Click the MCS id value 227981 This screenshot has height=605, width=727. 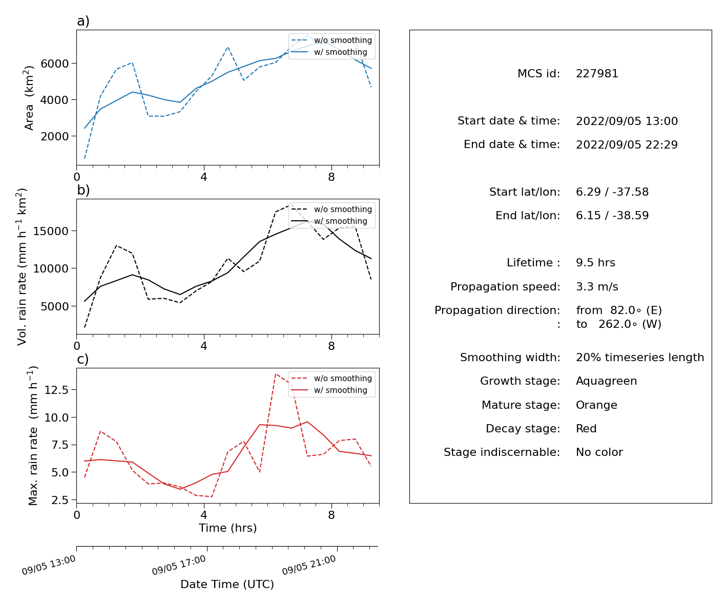coord(597,73)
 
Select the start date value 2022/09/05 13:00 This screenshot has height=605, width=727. coord(627,121)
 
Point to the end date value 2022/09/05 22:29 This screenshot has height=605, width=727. coord(627,144)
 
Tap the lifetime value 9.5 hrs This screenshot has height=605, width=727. coord(595,262)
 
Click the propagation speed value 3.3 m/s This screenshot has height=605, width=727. coord(597,286)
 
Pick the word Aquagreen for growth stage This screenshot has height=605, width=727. coord(606,381)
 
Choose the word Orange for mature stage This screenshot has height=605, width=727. coord(596,405)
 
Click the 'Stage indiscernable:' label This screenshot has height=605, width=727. coord(502,452)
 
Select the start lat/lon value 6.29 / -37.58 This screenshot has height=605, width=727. coord(612,192)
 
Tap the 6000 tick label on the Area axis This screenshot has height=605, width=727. coord(55,64)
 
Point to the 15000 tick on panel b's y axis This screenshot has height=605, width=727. coord(51,231)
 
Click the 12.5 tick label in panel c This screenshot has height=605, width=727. coord(56,390)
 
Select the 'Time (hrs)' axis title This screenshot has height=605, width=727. coord(227,528)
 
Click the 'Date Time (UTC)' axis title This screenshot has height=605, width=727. coord(227,584)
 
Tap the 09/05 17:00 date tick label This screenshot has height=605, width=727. coord(179,565)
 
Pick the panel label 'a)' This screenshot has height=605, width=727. coord(83,21)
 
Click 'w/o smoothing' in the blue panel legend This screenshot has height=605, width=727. coord(343,40)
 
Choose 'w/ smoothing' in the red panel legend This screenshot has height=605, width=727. coord(341,390)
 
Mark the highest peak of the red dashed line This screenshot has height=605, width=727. coord(276,374)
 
